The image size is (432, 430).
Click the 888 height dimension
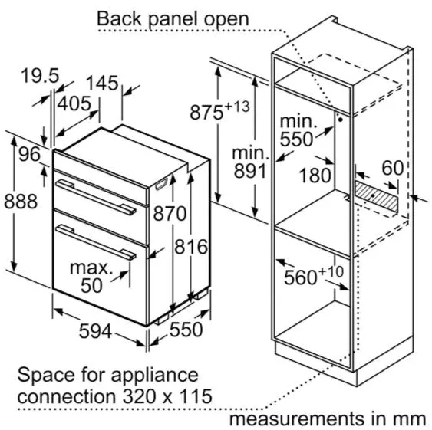21,202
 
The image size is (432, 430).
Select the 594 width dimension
95,331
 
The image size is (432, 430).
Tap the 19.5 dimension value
40,75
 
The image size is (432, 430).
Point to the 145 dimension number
102,83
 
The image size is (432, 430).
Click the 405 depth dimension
74,103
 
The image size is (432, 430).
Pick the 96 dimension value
29,154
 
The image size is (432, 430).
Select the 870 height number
170,213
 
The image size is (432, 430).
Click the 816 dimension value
191,247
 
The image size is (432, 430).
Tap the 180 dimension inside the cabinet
315,176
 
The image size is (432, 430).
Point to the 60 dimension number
393,168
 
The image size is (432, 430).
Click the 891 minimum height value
250,171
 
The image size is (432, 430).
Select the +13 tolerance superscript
237,107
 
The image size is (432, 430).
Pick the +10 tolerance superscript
331,271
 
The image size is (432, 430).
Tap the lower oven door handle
96,242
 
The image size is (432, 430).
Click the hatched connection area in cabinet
376,195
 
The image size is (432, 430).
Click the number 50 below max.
91,285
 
